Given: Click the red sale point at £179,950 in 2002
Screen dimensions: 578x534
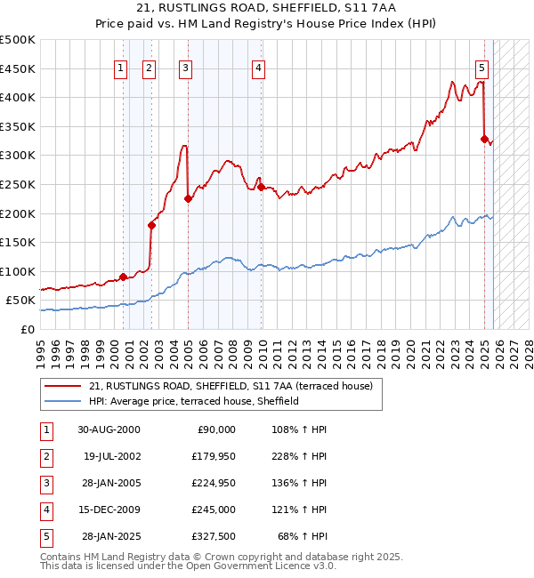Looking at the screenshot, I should (x=151, y=225).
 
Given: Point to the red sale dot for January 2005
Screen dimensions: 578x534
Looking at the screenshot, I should (x=188, y=199).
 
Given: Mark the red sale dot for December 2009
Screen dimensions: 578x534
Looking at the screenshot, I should (x=260, y=187).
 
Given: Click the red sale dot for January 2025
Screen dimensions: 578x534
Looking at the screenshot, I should (x=484, y=139).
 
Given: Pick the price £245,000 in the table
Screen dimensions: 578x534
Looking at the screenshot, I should (x=214, y=510).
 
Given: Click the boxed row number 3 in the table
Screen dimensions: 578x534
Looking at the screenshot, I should (x=45, y=483).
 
